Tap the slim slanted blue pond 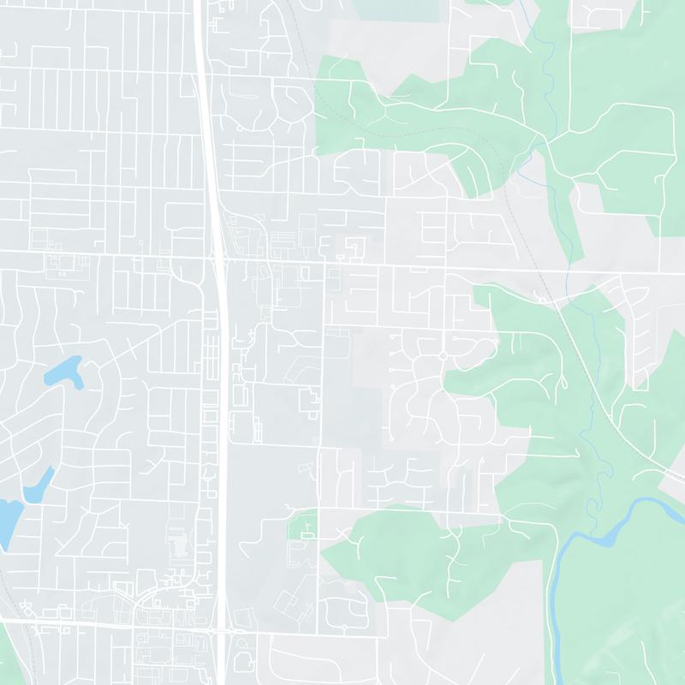[x=39, y=485]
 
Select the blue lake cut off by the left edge [x=7, y=519]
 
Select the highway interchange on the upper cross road [x=217, y=254]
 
